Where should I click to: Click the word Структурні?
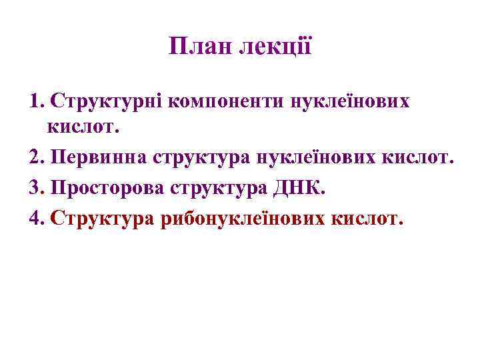point(106,101)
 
